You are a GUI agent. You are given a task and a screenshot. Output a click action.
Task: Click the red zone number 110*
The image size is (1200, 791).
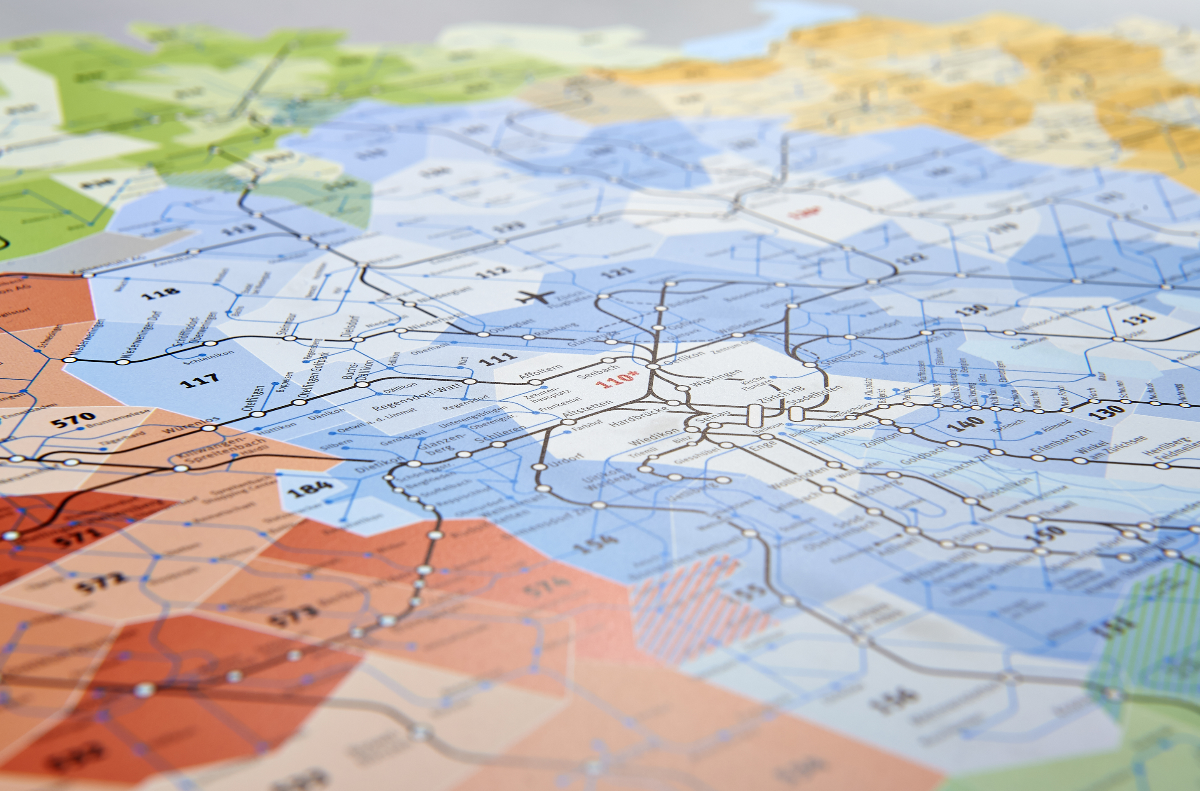click(616, 379)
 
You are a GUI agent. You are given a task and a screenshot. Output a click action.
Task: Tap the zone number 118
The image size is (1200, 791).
click(160, 293)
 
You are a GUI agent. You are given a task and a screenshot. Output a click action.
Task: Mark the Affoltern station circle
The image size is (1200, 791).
click(535, 382)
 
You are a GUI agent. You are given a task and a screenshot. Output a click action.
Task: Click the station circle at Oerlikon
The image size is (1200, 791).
click(653, 366)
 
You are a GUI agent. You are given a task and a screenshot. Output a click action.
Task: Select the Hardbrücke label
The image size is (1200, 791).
click(637, 416)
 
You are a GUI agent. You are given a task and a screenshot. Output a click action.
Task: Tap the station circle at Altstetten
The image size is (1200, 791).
click(568, 422)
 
